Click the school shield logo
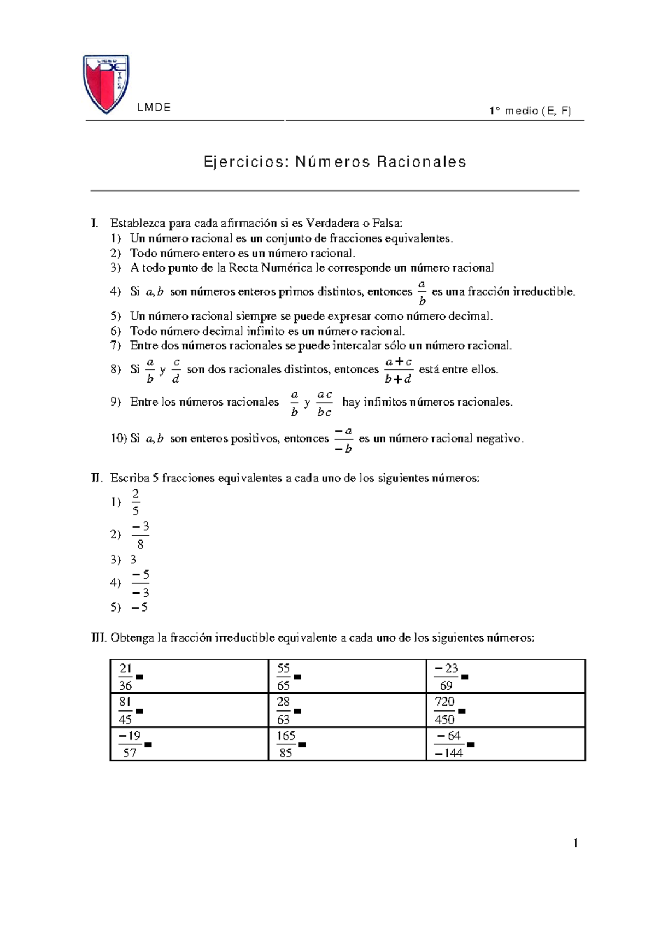point(106,83)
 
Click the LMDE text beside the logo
point(154,108)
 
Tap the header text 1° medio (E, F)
point(530,111)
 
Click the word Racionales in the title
point(421,162)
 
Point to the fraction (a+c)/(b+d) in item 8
point(398,370)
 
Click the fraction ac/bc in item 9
point(324,403)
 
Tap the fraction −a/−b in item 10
point(343,440)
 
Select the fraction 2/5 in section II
point(136,502)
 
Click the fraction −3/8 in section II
point(140,535)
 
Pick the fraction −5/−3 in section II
point(140,583)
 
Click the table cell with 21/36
point(189,677)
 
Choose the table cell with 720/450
point(505,710)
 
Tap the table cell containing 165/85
point(347,744)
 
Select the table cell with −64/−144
point(505,744)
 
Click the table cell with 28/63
point(347,710)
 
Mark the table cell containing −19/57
point(189,744)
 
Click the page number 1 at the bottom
point(575,843)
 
